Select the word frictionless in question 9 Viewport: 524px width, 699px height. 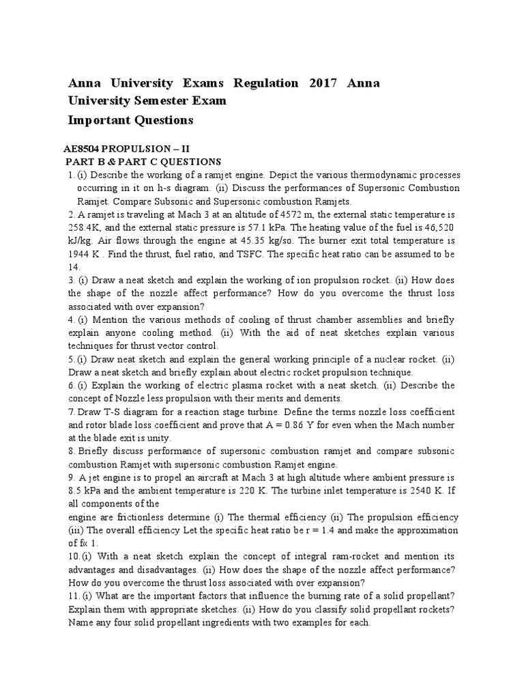[146, 517]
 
